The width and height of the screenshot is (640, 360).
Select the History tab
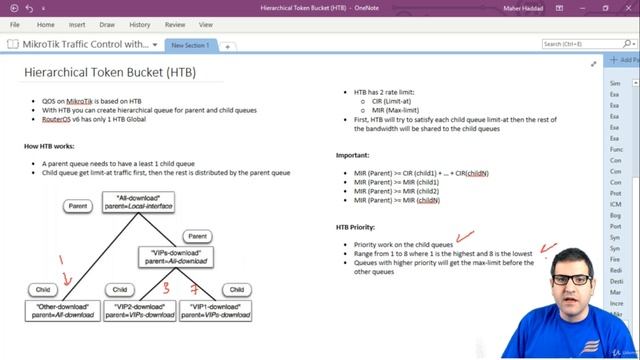click(x=141, y=24)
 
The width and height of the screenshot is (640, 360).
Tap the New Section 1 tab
click(x=189, y=46)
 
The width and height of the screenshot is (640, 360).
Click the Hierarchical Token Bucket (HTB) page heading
click(x=110, y=72)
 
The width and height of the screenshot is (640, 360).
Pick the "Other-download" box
click(x=67, y=311)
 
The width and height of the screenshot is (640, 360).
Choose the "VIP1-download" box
click(x=216, y=311)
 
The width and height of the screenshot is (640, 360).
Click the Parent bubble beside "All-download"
click(x=78, y=206)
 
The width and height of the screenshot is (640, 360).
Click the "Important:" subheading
click(x=355, y=155)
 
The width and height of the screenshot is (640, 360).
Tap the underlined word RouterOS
click(x=57, y=118)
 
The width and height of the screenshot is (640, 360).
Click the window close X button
click(x=627, y=7)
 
